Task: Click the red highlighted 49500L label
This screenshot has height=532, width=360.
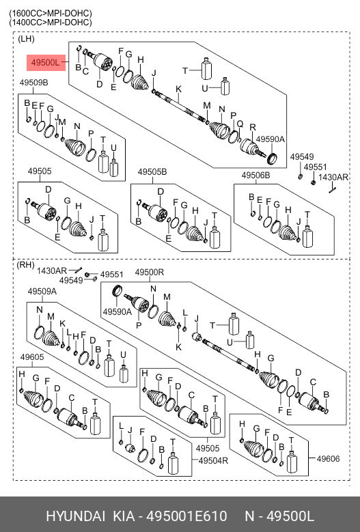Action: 46,63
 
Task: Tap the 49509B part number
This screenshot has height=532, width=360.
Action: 33,83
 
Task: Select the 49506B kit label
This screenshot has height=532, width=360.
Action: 256,176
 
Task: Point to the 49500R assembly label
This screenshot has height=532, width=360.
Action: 150,272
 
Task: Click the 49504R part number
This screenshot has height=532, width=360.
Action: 213,460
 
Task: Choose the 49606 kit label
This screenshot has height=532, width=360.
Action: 328,459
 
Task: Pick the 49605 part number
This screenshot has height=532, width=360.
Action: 32,357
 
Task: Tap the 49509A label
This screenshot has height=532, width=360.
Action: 42,291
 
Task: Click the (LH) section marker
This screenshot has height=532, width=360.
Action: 26,39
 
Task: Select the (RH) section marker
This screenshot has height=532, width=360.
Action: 25,264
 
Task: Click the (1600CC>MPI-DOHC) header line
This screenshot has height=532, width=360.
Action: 51,13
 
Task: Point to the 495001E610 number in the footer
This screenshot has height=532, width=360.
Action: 186,516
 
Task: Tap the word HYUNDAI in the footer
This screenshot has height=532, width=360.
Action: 75,516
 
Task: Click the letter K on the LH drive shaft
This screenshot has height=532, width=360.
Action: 178,89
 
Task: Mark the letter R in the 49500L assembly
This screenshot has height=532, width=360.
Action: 253,127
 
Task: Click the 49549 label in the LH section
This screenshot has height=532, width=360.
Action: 302,157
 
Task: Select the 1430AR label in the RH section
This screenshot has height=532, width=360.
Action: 52,270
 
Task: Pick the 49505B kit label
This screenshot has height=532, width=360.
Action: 152,172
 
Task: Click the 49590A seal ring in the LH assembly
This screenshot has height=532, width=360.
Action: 272,158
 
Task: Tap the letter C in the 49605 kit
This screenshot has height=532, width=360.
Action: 71,397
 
